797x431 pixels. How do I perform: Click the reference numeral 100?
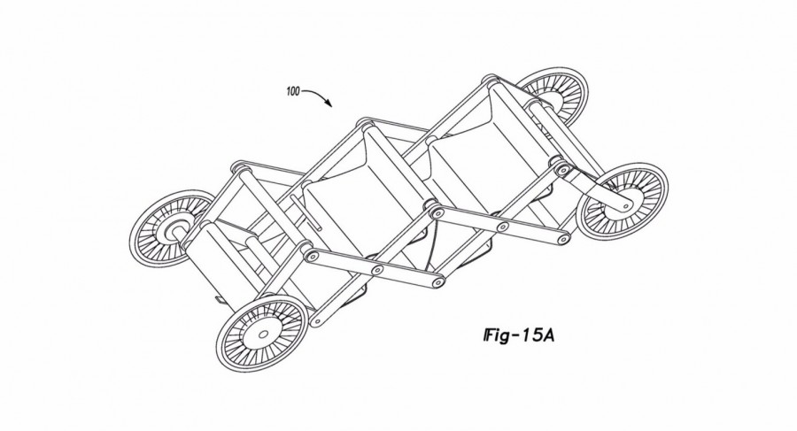point(293,91)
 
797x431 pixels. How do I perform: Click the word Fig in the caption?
point(496,335)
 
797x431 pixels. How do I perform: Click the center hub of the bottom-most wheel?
point(263,335)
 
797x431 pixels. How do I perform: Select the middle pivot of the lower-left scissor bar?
point(377,270)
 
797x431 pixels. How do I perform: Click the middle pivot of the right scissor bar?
point(503,227)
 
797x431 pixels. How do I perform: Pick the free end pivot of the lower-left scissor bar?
point(437,283)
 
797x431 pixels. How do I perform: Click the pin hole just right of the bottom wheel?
point(317,320)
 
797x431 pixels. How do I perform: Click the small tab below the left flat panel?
point(219,300)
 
